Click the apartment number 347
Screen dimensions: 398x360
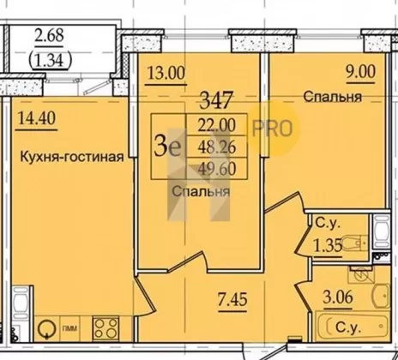pyautogui.click(x=216, y=100)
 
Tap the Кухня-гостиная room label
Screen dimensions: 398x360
pyautogui.click(x=72, y=157)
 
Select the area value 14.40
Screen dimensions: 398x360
pyautogui.click(x=37, y=118)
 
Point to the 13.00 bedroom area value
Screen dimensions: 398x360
pyautogui.click(x=166, y=73)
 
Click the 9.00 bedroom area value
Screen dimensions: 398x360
pyautogui.click(x=361, y=71)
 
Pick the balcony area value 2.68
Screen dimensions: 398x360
pyautogui.click(x=49, y=35)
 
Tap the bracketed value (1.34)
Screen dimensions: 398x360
pyautogui.click(x=50, y=60)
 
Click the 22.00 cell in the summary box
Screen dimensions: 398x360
pyautogui.click(x=217, y=125)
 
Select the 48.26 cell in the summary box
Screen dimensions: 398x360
pyautogui.click(x=217, y=147)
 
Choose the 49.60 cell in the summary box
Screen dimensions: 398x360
pyautogui.click(x=217, y=168)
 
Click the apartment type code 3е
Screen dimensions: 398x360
pyautogui.click(x=168, y=146)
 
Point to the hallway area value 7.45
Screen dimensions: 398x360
pyautogui.click(x=232, y=299)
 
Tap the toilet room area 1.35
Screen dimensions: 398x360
pyautogui.click(x=328, y=245)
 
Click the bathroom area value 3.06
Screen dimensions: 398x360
pyautogui.click(x=338, y=297)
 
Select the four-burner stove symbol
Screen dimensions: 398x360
pyautogui.click(x=106, y=328)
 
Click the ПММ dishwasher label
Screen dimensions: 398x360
pyautogui.click(x=69, y=329)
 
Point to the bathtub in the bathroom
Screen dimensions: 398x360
pyautogui.click(x=352, y=327)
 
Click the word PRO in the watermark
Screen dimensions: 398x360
pyautogui.click(x=272, y=129)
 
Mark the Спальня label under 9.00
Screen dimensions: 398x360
pyautogui.click(x=333, y=97)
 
